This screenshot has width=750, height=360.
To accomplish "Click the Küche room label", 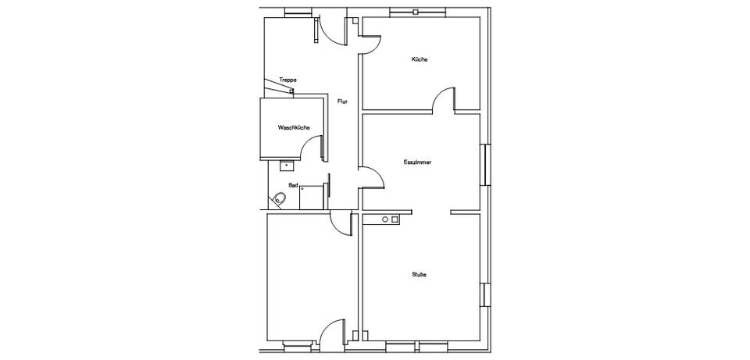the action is [x=420, y=60].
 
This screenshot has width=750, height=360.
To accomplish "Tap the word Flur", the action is [x=342, y=102].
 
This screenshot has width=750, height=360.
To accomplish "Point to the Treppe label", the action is [x=287, y=80].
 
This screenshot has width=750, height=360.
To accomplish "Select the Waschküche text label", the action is [x=294, y=127].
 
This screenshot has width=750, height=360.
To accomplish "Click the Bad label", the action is [x=293, y=184].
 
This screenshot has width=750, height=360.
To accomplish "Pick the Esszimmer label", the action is [x=417, y=162].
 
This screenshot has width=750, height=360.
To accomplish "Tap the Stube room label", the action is [x=419, y=274].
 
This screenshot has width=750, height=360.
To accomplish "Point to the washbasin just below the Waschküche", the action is [x=286, y=166].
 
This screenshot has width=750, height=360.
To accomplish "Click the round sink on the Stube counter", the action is [x=384, y=219].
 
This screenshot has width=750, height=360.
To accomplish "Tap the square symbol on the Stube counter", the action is [x=395, y=219].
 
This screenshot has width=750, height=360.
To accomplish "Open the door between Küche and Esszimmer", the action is [x=444, y=98].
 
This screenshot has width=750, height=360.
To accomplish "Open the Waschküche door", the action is [x=312, y=148].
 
